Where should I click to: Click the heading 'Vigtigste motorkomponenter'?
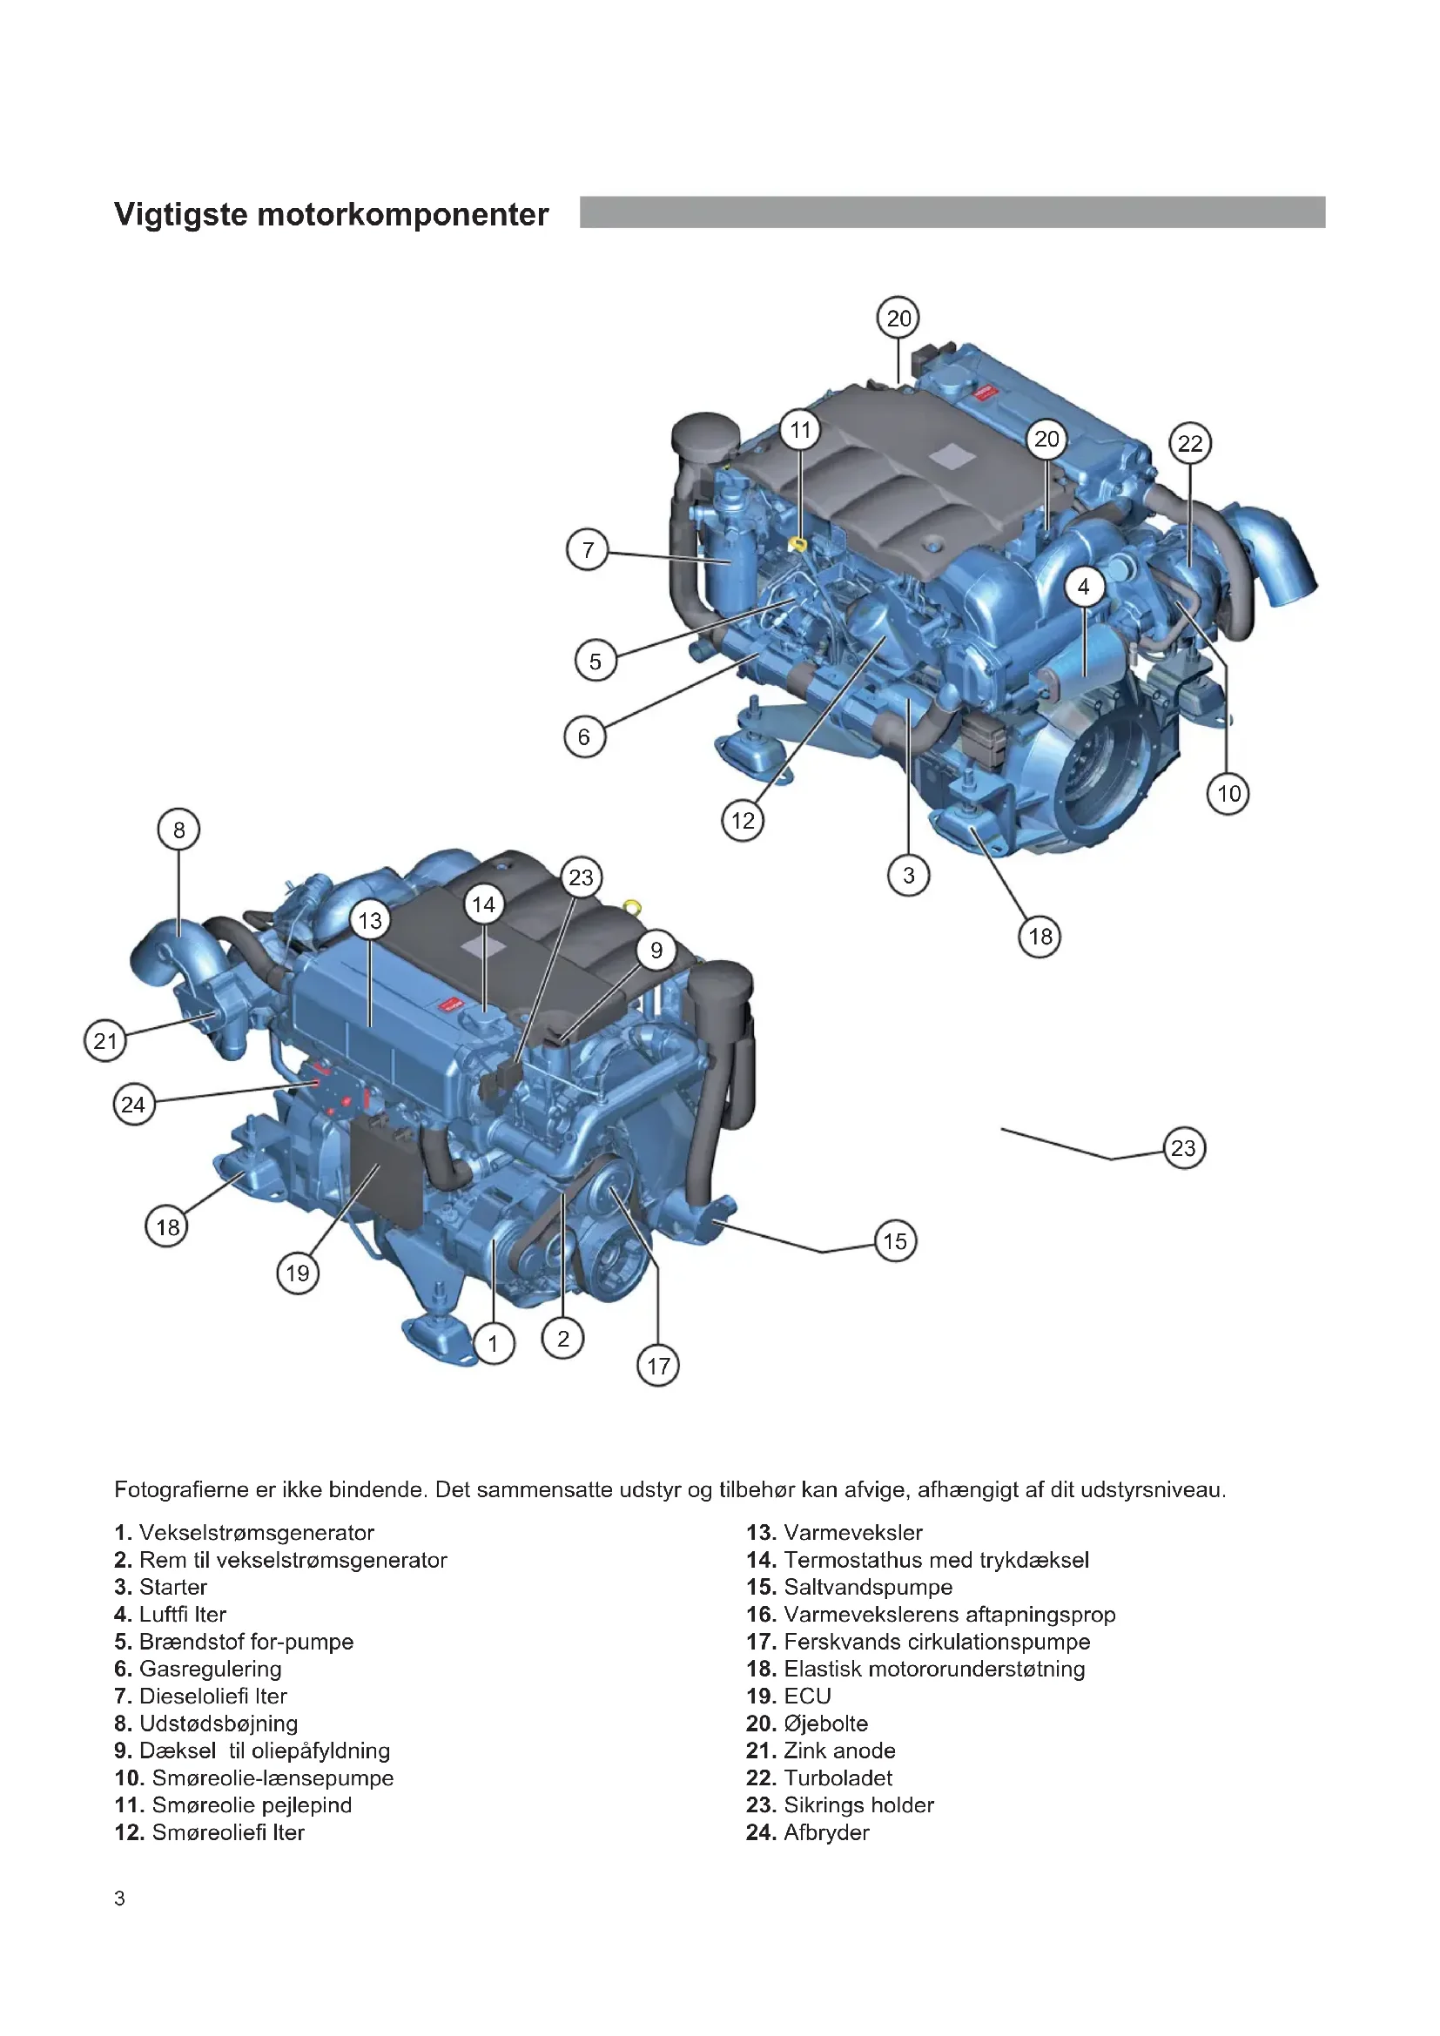[332, 215]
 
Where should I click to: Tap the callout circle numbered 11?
[801, 430]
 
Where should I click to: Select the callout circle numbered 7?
[588, 550]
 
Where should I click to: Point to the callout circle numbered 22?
[1190, 443]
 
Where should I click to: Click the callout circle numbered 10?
[1228, 794]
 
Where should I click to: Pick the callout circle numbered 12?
[743, 820]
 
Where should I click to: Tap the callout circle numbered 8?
[179, 830]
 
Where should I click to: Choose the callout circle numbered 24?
[134, 1105]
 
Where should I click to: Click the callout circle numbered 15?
[896, 1241]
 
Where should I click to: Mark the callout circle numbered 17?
[658, 1366]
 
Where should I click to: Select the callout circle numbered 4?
[1084, 587]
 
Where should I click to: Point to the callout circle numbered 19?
[297, 1273]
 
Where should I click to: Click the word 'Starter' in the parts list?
[173, 1587]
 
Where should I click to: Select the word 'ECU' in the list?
[808, 1696]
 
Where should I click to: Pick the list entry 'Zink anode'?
[839, 1750]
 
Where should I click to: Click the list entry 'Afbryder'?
[826, 1832]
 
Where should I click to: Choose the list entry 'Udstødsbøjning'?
[219, 1724]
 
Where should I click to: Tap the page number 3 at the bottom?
[119, 1898]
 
